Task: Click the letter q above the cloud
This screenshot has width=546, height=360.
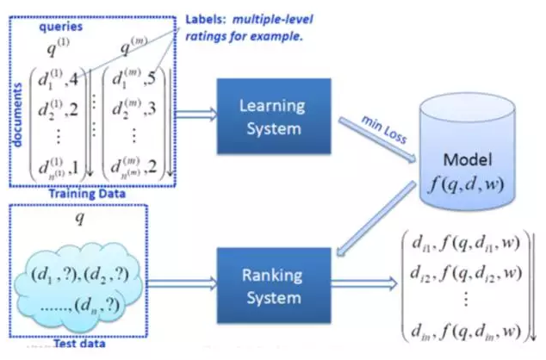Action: coord(81,218)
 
